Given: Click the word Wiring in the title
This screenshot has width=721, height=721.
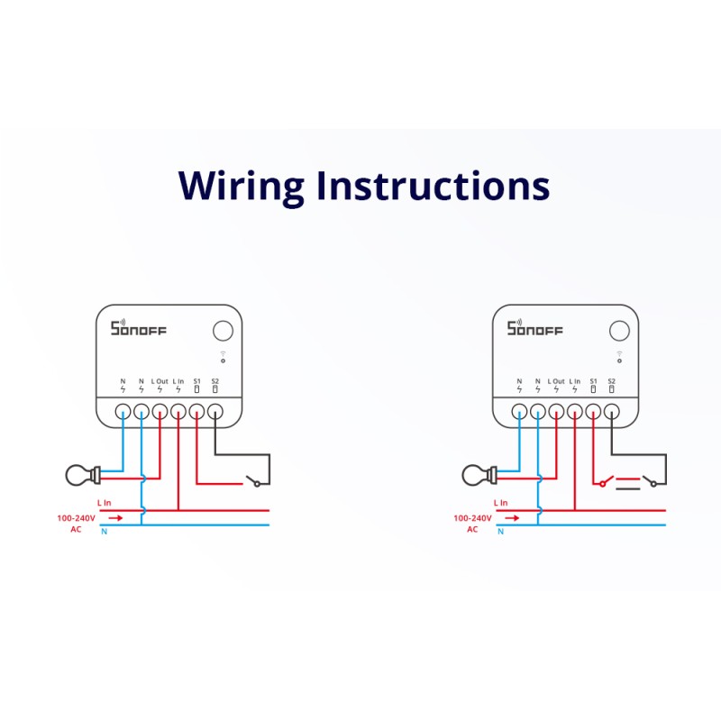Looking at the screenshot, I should [x=242, y=186].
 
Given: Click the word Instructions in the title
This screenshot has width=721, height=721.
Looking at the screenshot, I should [x=432, y=185].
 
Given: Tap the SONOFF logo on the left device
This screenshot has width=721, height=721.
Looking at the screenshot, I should [x=138, y=328].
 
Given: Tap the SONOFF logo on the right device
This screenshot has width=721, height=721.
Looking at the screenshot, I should [x=534, y=328].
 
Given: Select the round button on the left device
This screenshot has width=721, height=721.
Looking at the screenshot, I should [x=223, y=331].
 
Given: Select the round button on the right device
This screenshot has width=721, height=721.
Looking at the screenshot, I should [x=619, y=331].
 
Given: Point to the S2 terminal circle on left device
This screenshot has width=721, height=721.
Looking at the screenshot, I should [x=214, y=412].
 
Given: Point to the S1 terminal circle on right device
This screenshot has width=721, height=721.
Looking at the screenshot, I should [x=592, y=412].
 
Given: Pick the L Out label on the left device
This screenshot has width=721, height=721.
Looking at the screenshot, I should [x=160, y=381].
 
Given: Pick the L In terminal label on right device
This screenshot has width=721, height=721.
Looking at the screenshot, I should [x=574, y=381].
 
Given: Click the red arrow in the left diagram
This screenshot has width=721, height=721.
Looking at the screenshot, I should [x=115, y=518].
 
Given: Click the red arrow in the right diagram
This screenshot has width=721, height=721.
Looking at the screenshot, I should [x=512, y=518].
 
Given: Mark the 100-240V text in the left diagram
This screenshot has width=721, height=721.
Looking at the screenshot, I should [x=76, y=518].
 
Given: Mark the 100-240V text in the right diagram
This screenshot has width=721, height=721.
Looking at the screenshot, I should [x=472, y=518].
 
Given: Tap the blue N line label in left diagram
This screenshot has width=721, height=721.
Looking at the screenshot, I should [x=104, y=532].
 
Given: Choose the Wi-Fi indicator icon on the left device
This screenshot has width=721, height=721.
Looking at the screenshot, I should [x=223, y=354].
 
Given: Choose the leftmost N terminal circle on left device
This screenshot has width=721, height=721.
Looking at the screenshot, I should [x=123, y=412].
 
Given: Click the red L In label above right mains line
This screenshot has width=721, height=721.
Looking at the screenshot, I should [x=500, y=502].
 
